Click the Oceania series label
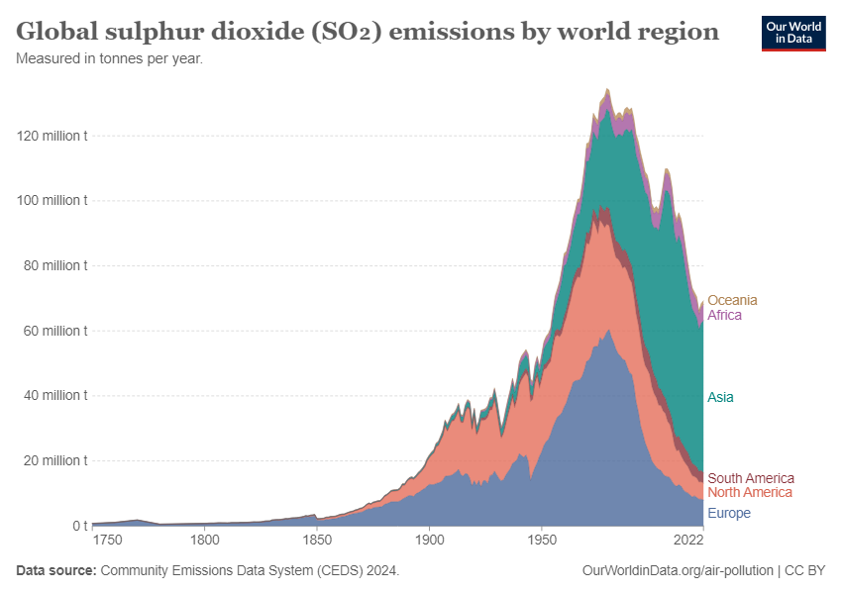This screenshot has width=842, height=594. tap(732, 300)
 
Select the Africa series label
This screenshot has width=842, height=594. tap(724, 315)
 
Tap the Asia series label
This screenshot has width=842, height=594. tap(720, 397)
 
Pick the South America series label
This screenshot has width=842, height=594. tap(751, 478)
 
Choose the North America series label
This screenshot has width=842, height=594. tap(750, 492)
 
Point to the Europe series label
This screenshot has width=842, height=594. tap(729, 513)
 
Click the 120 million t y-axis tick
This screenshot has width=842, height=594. tap(52, 136)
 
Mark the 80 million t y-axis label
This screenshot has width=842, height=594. tap(55, 265)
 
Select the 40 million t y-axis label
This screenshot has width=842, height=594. tap(55, 395)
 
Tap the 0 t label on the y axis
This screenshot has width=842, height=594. tap(80, 526)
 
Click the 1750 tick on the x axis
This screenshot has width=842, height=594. tap(107, 540)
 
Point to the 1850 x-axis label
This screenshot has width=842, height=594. tap(317, 540)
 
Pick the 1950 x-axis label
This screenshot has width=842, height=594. tap(542, 540)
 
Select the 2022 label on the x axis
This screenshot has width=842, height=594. tap(689, 540)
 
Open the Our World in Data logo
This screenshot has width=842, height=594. tap(793, 34)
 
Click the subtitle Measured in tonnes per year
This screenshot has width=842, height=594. tap(110, 58)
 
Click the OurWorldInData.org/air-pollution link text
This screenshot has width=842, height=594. tap(678, 570)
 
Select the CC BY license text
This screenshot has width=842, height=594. tap(805, 570)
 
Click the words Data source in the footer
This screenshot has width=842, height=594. tap(56, 570)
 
